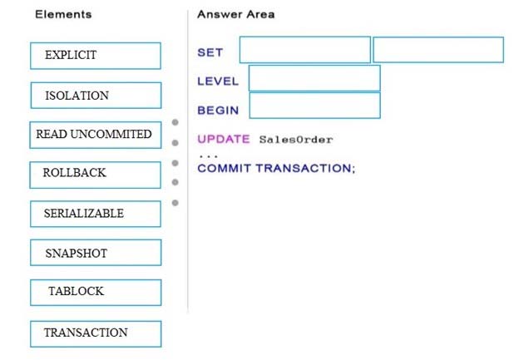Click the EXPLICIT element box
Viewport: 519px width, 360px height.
[x=96, y=56]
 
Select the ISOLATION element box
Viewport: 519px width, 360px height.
[x=96, y=96]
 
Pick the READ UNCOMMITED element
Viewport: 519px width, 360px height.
[x=96, y=135]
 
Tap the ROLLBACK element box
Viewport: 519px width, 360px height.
[x=96, y=175]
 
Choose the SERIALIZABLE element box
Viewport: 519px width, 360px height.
[x=96, y=214]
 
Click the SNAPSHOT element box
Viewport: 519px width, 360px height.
[x=96, y=253]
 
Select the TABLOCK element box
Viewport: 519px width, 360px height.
[x=96, y=293]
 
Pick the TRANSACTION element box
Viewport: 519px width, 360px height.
[x=96, y=334]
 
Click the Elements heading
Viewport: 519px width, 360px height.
[x=63, y=14]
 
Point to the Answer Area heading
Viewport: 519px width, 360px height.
[x=235, y=14]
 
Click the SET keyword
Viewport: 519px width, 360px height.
[x=210, y=52]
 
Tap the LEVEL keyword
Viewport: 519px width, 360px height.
[x=218, y=81]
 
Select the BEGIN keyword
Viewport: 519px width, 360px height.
[x=218, y=111]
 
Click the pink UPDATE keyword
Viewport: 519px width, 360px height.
[x=224, y=139]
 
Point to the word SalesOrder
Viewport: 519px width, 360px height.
[x=296, y=140]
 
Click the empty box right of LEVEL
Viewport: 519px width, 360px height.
[x=314, y=78]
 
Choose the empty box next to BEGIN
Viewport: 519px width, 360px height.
[x=314, y=106]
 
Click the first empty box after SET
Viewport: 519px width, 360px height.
[x=305, y=50]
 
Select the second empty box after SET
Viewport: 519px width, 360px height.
[x=438, y=50]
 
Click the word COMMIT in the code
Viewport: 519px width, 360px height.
[x=224, y=168]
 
